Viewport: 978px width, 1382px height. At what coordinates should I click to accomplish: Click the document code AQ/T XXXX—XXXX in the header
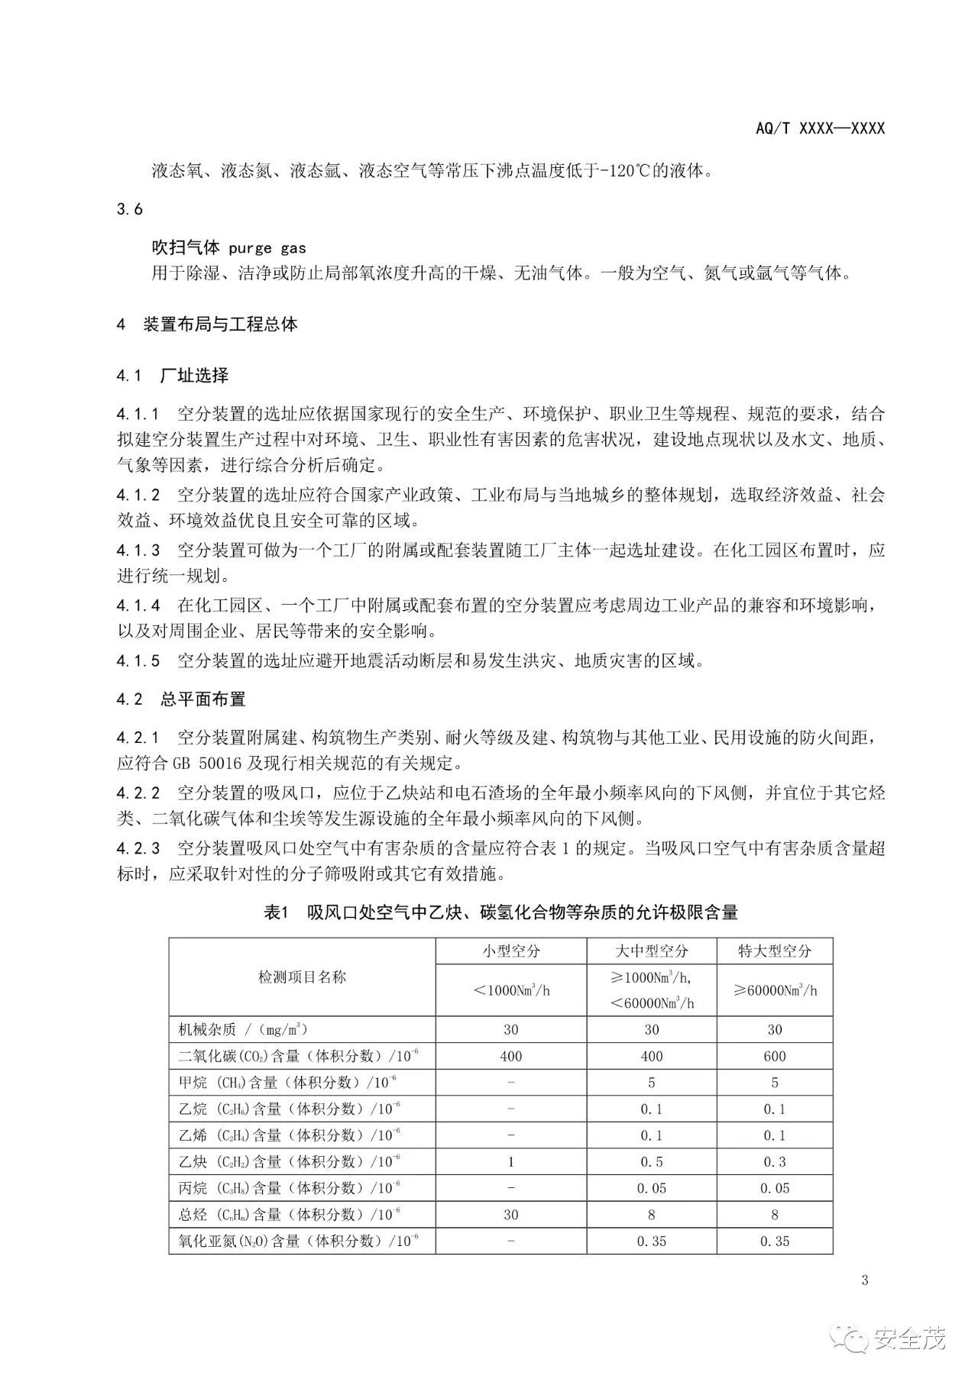coord(820,128)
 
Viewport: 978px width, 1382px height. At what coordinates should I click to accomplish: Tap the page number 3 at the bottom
coord(864,1280)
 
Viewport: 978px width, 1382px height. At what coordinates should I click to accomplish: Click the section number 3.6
coord(130,209)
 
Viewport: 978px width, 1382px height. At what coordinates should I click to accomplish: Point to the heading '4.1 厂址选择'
coord(173,375)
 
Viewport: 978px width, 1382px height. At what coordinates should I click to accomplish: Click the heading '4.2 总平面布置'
coord(181,699)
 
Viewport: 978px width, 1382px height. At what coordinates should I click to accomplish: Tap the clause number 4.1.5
coord(138,660)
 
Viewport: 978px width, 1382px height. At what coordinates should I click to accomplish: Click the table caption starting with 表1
coord(500,912)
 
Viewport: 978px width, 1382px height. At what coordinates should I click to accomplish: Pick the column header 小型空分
coord(510,951)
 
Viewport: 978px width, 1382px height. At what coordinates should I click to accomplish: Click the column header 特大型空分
coord(774,951)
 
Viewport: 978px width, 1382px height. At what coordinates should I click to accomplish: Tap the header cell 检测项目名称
coord(302,977)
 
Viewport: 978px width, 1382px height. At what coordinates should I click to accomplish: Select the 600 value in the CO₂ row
coord(774,1056)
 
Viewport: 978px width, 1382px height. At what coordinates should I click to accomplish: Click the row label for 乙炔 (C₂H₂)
coord(290,1162)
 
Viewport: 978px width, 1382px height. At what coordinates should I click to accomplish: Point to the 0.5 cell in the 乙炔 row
coord(651,1162)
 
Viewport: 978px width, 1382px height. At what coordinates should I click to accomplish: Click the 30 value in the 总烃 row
coord(510,1215)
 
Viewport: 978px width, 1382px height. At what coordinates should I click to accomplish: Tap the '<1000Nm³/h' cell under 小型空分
coord(510,990)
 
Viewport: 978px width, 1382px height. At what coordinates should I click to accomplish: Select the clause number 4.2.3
coord(138,848)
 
